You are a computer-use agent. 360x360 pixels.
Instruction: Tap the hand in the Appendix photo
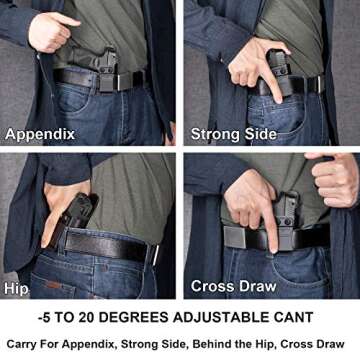(x=50, y=30)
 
